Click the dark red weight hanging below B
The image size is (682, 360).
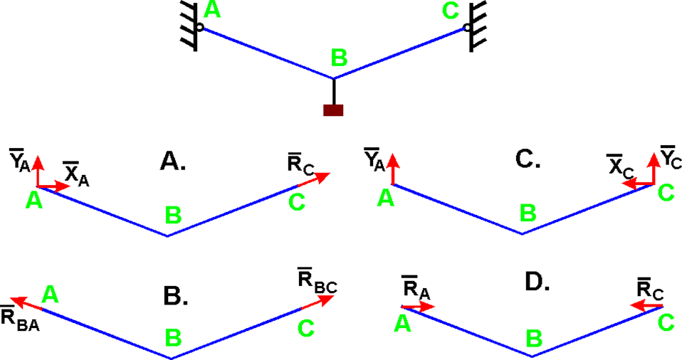point(333,110)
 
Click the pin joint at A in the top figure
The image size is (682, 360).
point(199,28)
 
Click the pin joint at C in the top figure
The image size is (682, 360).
point(467,28)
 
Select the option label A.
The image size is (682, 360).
point(173,162)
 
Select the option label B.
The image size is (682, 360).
point(175,295)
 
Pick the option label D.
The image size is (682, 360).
point(537,282)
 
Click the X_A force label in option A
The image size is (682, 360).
point(76,173)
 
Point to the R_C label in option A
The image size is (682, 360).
point(300,164)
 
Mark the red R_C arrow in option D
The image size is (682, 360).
point(648,307)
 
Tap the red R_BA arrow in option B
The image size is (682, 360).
point(28,304)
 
